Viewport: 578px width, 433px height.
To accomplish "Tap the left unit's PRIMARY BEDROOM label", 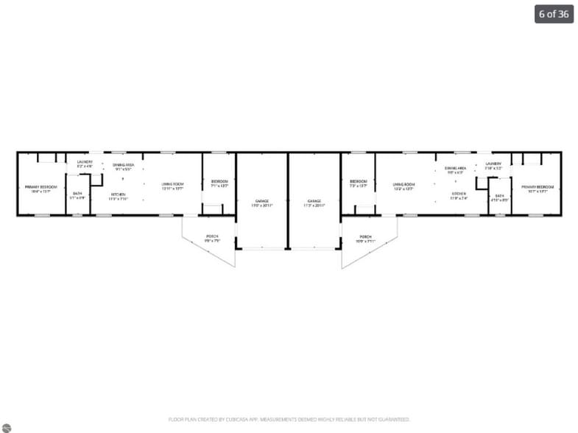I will coord(40,187).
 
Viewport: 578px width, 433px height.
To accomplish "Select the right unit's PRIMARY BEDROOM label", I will coord(537,187).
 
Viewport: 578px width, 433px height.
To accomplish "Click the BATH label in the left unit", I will coord(77,194).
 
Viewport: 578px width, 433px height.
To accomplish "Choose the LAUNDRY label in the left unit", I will coord(85,162).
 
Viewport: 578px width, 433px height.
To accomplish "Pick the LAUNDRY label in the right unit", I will coord(493,163).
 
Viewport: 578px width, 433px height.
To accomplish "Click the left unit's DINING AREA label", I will coord(123,164).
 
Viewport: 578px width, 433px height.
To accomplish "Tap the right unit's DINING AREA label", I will coord(455,169).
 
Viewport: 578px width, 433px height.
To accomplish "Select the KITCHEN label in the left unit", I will coord(119,194).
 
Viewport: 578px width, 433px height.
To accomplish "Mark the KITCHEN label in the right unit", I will coord(459,194).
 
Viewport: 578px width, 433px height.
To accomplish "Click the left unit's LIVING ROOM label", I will coord(172,184).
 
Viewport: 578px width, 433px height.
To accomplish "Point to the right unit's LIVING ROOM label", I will coord(403,184).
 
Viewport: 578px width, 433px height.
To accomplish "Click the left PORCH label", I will coord(211,237).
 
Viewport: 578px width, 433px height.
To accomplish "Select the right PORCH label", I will coord(365,237).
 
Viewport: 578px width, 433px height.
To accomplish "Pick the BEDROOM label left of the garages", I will coord(219,181).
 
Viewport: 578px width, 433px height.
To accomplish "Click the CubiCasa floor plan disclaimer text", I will coord(289,419).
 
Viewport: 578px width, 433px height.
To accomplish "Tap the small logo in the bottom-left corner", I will coord(6,427).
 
